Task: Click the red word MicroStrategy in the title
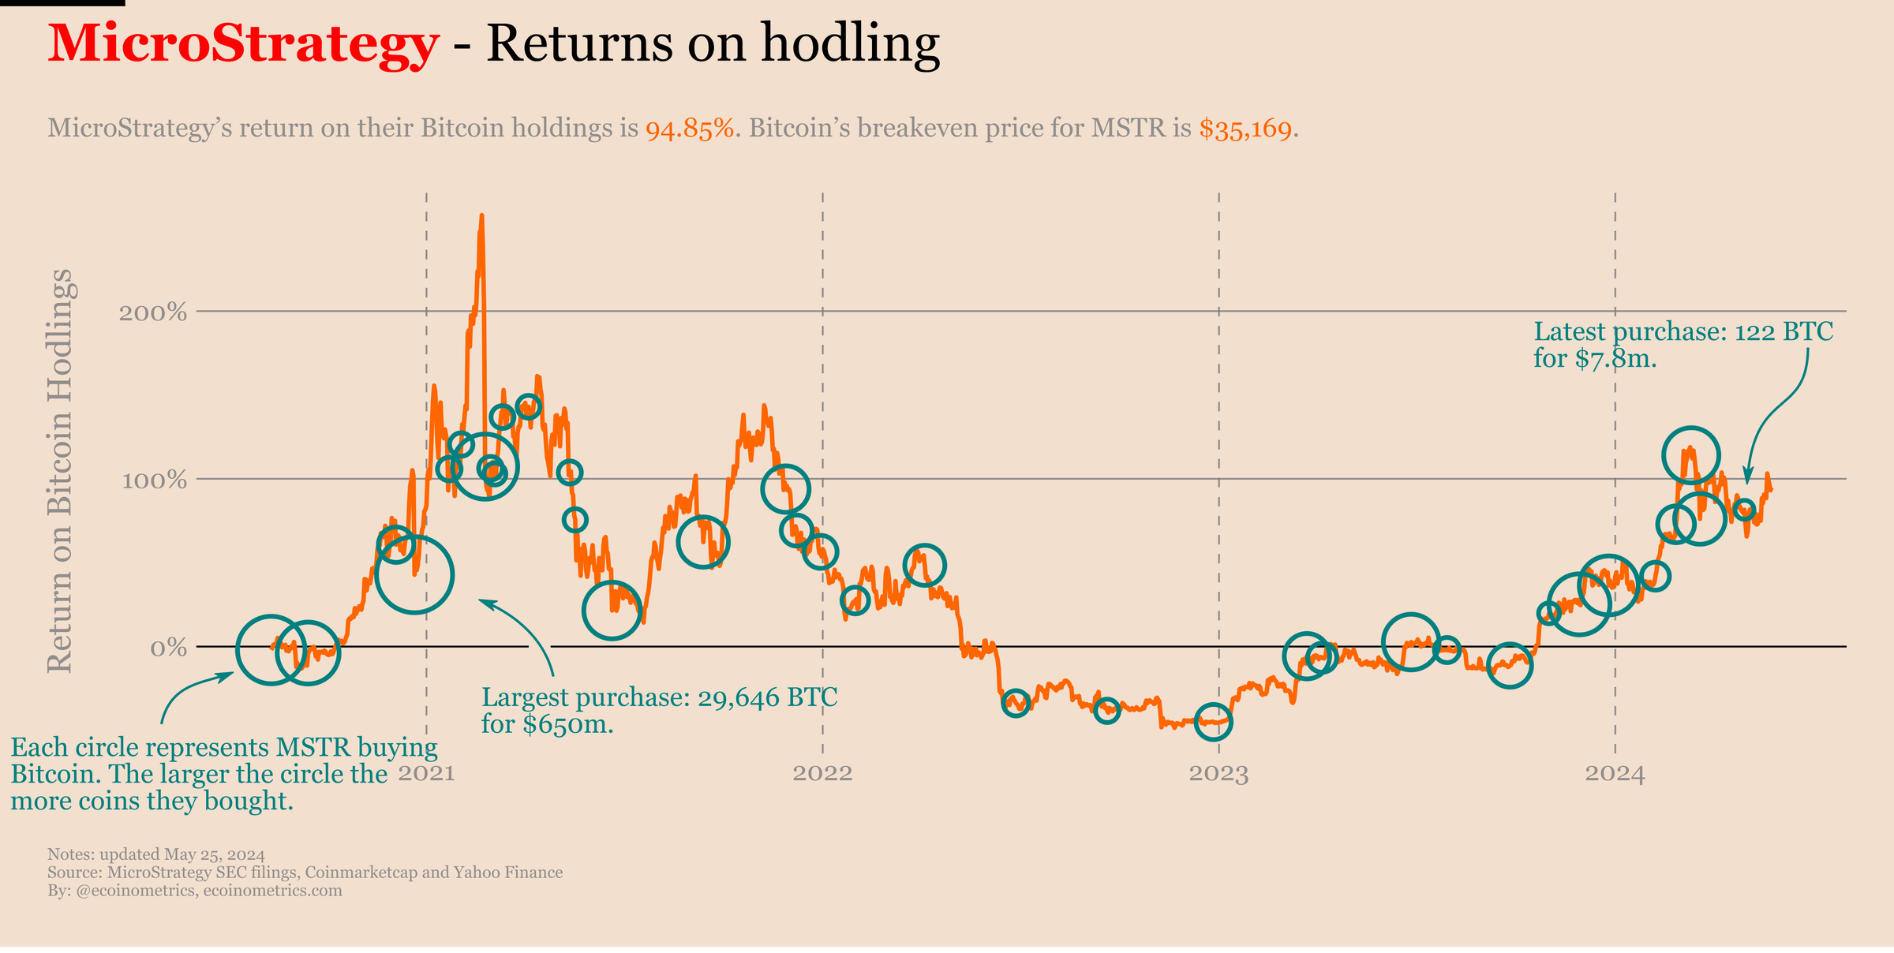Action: (x=242, y=44)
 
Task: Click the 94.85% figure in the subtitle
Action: (x=690, y=129)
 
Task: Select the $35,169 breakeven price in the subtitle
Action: (x=1246, y=129)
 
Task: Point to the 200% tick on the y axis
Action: (x=153, y=313)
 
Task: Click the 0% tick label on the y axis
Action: (x=168, y=648)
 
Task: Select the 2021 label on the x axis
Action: (x=427, y=773)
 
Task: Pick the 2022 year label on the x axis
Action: (x=823, y=773)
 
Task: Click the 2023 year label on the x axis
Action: (x=1219, y=773)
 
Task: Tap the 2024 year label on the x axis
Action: (x=1615, y=773)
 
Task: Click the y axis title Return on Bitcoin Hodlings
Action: (x=61, y=471)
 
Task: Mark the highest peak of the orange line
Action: (x=481, y=215)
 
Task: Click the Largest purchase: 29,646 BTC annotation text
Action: (x=659, y=697)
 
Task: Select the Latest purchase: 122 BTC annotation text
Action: (x=1683, y=331)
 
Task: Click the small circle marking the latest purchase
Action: (x=1745, y=509)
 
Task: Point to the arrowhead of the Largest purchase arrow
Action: (x=481, y=601)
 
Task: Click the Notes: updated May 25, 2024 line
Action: (x=156, y=854)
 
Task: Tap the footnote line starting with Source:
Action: (x=305, y=873)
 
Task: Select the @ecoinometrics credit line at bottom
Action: (x=194, y=891)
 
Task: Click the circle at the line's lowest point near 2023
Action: (x=1213, y=721)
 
